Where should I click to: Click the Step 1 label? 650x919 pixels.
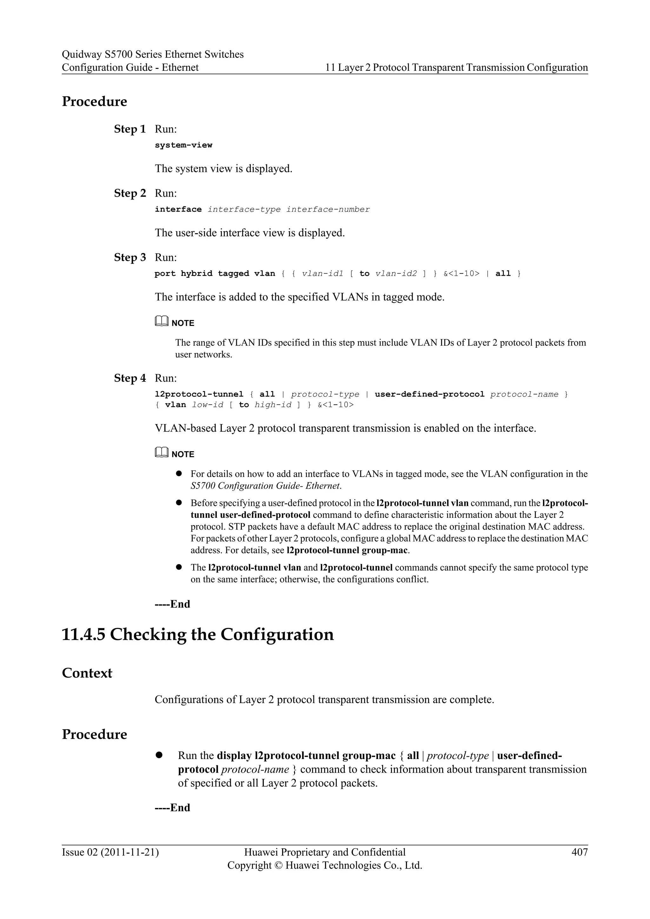point(130,129)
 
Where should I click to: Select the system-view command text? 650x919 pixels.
point(183,145)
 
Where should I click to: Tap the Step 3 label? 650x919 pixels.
point(130,257)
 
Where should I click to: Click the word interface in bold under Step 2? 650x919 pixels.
point(178,209)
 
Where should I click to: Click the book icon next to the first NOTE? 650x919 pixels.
point(161,321)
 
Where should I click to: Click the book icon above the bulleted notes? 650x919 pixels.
point(161,453)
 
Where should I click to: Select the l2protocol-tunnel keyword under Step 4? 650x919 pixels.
point(199,394)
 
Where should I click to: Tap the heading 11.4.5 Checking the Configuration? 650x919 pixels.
point(197,635)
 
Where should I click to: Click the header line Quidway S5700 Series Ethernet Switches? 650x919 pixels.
point(152,55)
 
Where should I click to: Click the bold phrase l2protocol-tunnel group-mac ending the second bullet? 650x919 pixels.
point(348,550)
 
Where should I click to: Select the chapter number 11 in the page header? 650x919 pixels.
point(329,68)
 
